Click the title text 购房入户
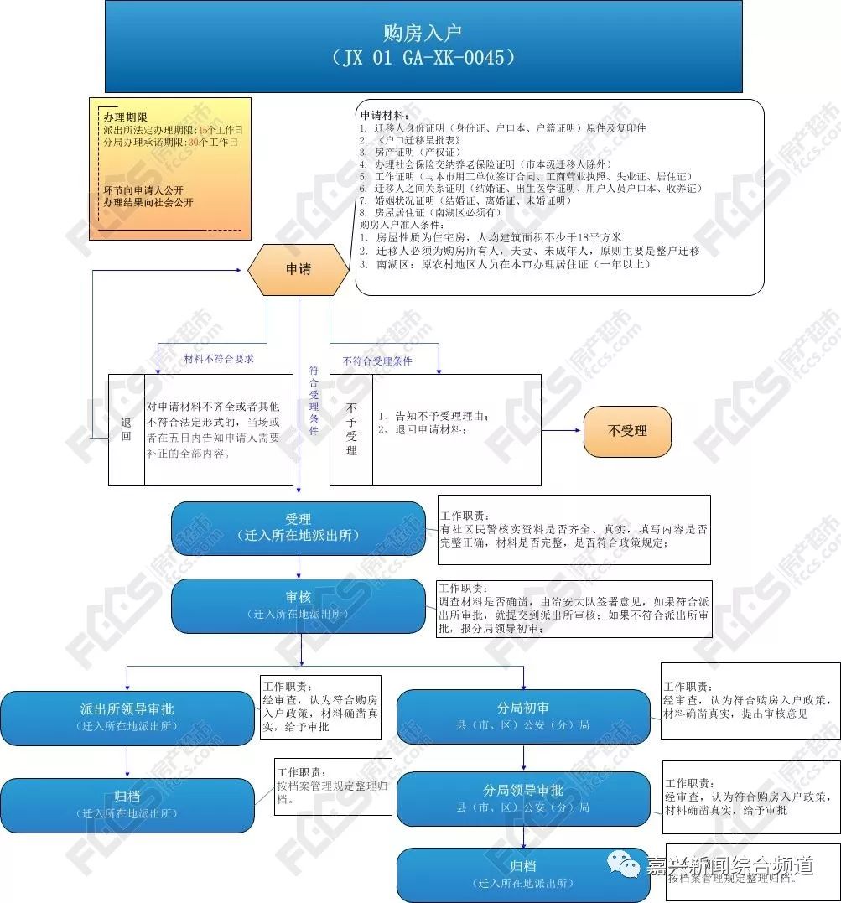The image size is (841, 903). coord(423,34)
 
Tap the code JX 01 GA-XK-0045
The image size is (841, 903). coord(423,58)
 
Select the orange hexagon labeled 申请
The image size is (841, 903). coord(298,270)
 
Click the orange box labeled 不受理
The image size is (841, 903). coord(627,431)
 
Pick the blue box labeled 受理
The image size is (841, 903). coord(298,527)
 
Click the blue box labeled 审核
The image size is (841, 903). coord(298,605)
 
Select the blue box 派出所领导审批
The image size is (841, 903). coord(127,717)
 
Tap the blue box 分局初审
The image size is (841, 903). coord(523,716)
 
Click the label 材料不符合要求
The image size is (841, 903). coord(219,359)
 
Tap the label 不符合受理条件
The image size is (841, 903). coord(377,361)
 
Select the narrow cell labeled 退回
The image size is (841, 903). coord(127,429)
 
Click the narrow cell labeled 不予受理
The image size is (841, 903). coord(351,429)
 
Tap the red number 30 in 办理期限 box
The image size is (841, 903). coord(195,143)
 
